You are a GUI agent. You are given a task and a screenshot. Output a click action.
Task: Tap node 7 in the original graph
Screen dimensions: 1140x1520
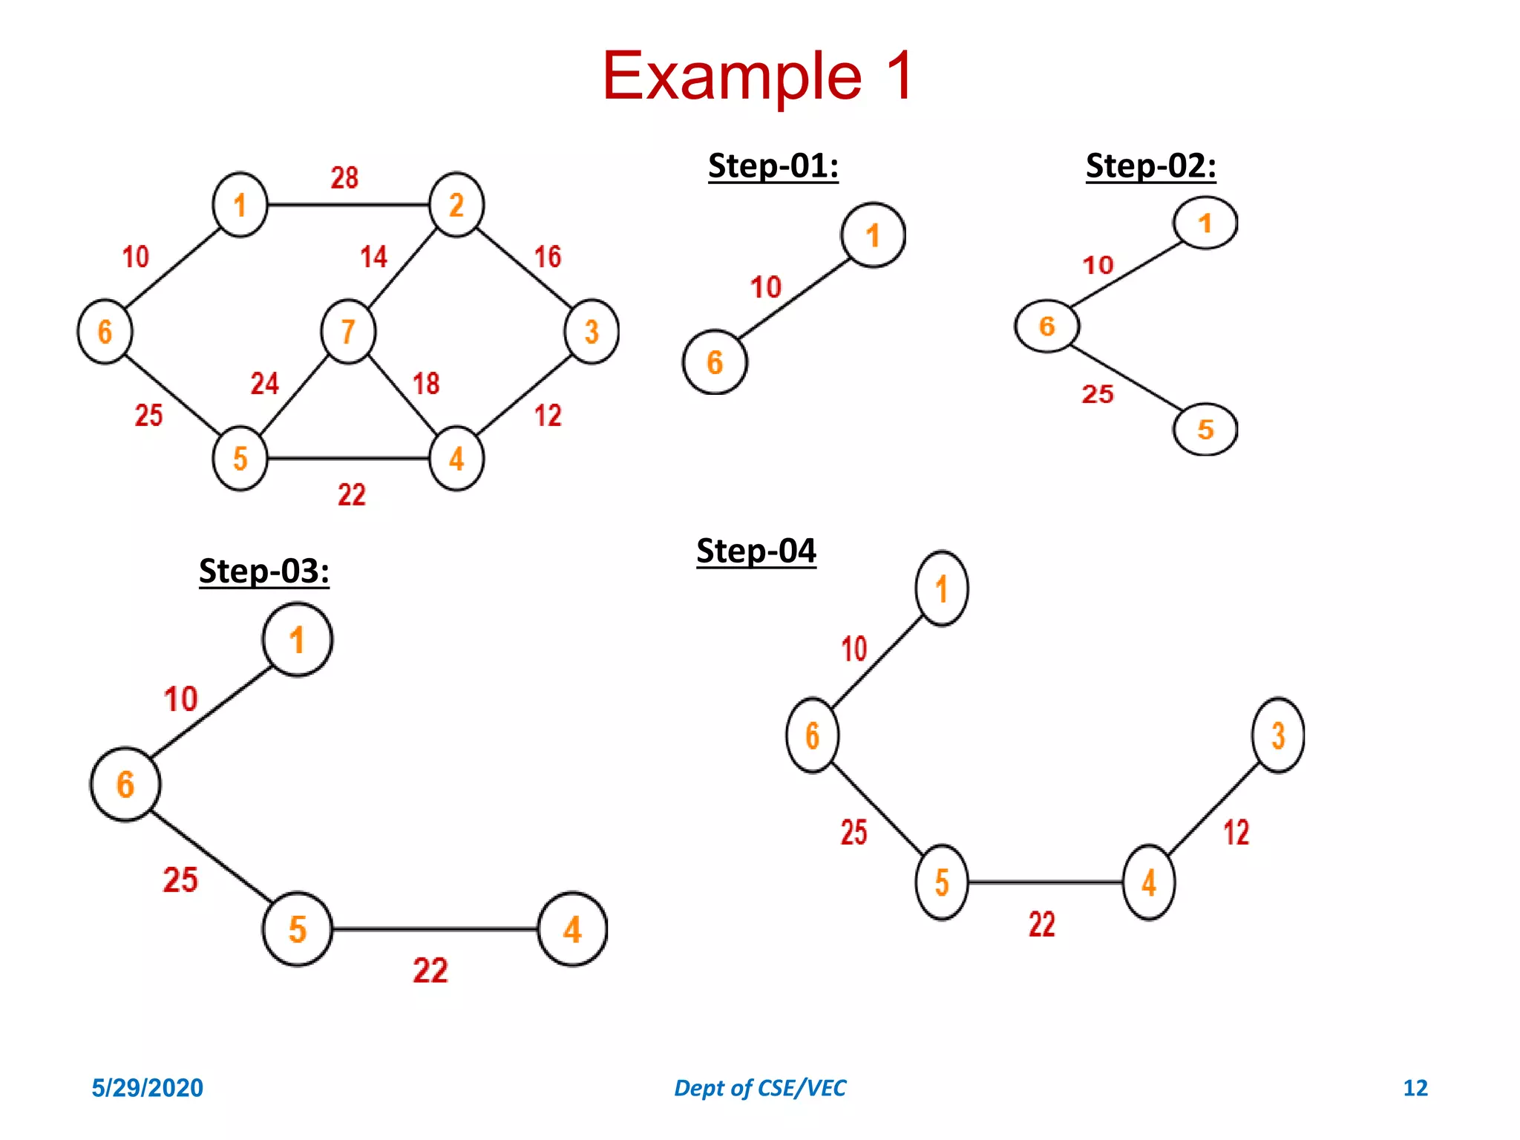[348, 332]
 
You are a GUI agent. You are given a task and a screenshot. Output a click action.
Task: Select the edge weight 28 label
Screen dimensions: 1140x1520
[344, 177]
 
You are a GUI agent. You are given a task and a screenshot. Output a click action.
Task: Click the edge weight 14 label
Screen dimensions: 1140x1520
[373, 257]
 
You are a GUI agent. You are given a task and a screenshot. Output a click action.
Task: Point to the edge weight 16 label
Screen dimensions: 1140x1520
[548, 257]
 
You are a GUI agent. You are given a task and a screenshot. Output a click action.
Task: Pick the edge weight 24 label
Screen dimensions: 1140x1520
[264, 384]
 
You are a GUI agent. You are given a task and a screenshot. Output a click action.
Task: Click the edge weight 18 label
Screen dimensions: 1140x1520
[426, 384]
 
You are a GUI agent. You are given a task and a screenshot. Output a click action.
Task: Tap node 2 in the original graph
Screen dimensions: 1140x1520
[456, 205]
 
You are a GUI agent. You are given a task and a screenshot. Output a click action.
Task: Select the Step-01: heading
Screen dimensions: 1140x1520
[773, 166]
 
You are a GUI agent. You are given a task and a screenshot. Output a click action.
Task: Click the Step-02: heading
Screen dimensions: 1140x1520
[1150, 166]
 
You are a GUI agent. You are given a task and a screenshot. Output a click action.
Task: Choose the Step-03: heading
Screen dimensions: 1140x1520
[263, 571]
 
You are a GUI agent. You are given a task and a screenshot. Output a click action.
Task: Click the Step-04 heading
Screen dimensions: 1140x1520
[756, 551]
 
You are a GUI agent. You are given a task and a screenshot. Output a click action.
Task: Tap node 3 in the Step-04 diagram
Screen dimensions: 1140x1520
[1277, 736]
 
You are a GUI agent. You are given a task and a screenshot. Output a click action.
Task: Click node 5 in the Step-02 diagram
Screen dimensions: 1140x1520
[1205, 429]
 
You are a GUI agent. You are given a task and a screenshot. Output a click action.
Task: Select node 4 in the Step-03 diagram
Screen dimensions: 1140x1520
[572, 929]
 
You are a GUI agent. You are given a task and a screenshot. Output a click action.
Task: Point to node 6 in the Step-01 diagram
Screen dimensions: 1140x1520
[714, 362]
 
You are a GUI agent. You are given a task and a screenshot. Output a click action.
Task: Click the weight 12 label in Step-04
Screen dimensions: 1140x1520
[1236, 832]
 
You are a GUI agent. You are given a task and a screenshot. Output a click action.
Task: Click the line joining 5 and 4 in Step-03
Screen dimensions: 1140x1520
[434, 929]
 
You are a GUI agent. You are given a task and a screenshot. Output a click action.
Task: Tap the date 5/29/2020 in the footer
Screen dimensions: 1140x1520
[147, 1088]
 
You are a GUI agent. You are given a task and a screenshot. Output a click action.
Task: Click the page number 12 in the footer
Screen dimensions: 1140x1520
[1415, 1088]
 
